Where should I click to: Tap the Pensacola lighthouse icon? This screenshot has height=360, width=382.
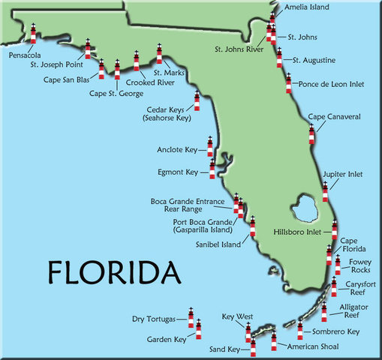[33, 34]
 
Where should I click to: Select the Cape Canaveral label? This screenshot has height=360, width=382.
[335, 117]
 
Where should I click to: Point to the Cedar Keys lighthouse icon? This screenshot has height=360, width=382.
[197, 100]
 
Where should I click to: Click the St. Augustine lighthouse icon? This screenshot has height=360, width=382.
[279, 57]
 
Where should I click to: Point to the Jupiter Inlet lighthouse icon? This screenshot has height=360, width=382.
[325, 191]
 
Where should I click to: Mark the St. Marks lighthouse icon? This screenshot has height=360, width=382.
[159, 53]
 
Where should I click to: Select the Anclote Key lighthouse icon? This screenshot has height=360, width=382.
[210, 145]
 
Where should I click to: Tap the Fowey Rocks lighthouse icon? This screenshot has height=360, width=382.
[338, 264]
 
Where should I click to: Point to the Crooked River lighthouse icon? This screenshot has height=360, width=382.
[137, 61]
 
